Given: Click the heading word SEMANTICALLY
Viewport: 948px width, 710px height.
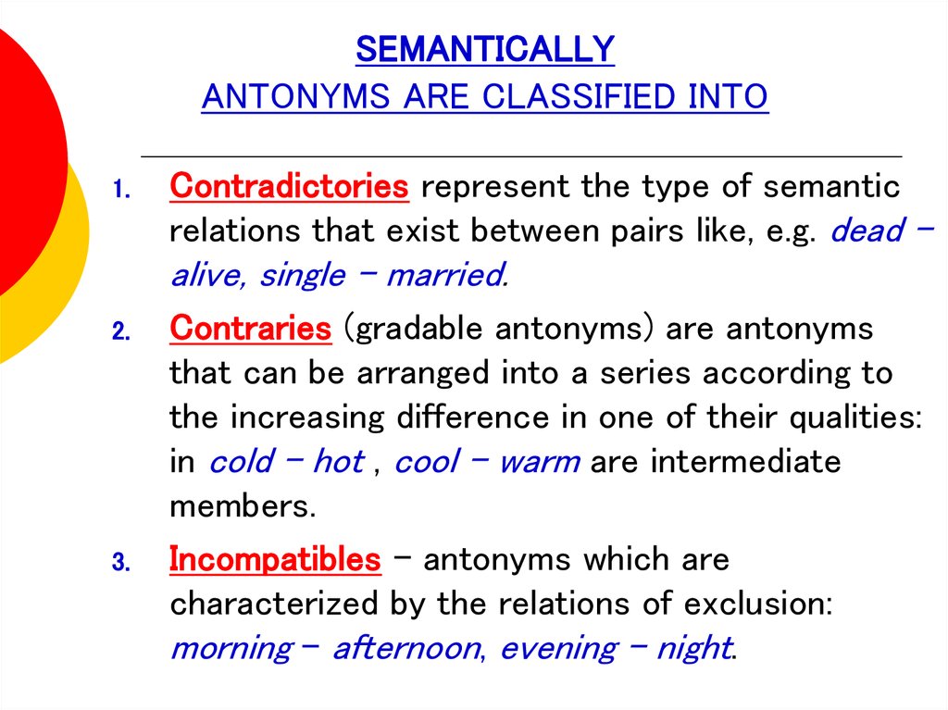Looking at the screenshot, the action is (485, 49).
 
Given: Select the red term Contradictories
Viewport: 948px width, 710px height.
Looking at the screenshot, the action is (289, 186).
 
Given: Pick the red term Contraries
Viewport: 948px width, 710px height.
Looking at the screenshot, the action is (250, 329).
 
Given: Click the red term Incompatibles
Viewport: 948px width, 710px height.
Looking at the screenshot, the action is (275, 559).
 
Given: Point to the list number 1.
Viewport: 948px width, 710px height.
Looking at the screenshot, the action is (121, 190).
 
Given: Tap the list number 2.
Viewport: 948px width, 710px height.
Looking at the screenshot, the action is (121, 331).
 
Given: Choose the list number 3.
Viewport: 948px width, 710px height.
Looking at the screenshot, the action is (121, 563).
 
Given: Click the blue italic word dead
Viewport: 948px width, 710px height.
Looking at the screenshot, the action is (867, 230).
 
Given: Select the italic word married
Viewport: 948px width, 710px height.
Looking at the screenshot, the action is (447, 275).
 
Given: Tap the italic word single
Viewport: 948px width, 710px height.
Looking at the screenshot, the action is (303, 277).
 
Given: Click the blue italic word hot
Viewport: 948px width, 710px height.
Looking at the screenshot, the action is (339, 461).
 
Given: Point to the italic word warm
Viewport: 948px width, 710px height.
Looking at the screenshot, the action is (540, 463).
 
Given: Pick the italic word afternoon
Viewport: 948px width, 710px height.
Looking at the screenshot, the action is (408, 648).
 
